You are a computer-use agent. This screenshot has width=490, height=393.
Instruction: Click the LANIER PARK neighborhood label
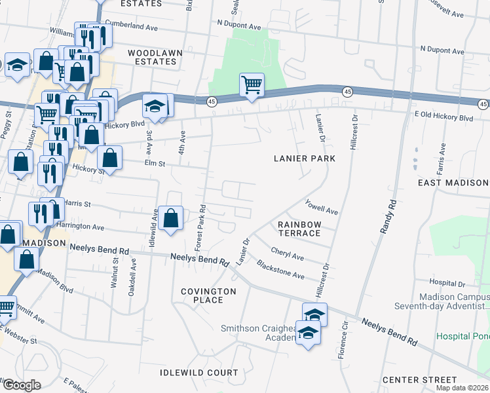tap(305, 159)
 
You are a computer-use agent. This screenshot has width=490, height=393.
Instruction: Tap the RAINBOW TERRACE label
tap(299, 229)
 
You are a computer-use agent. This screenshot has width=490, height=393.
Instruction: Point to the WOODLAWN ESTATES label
tap(152, 57)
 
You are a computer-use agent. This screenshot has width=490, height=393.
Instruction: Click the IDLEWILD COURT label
tap(199, 373)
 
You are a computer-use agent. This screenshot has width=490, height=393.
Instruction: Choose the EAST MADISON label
tap(453, 182)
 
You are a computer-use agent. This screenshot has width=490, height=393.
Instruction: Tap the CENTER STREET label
tap(419, 380)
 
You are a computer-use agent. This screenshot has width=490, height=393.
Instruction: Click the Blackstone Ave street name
tap(280, 271)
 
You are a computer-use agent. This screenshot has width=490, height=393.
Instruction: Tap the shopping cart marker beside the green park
tap(252, 85)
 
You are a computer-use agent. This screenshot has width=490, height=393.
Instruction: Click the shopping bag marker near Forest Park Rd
tap(170, 218)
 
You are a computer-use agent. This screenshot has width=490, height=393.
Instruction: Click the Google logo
tap(22, 385)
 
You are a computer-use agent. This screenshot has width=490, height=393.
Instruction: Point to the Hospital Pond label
tap(463, 336)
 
